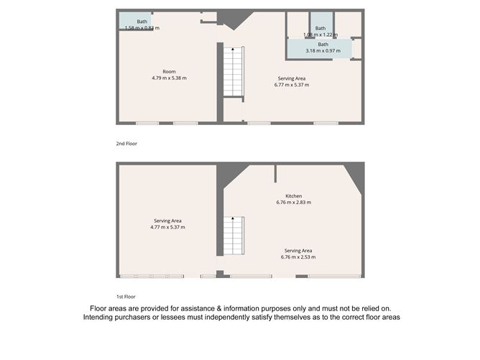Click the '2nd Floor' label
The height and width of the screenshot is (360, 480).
tap(126, 144)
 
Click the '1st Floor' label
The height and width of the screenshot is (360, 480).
tap(126, 296)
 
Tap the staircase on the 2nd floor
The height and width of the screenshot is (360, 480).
tap(233, 71)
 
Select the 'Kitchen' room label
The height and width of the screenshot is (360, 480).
tap(292, 196)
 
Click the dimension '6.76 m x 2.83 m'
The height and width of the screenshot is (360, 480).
tap(293, 203)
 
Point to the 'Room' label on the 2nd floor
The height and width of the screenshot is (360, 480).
tap(169, 71)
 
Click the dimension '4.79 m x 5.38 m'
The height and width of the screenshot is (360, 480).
tap(169, 78)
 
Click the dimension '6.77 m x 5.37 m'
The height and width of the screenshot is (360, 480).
tap(291, 85)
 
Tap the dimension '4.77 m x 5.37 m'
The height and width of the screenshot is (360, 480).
tap(167, 227)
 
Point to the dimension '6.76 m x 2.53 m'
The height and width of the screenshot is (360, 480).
tap(298, 257)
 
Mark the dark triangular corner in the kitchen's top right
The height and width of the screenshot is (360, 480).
tap(355, 175)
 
